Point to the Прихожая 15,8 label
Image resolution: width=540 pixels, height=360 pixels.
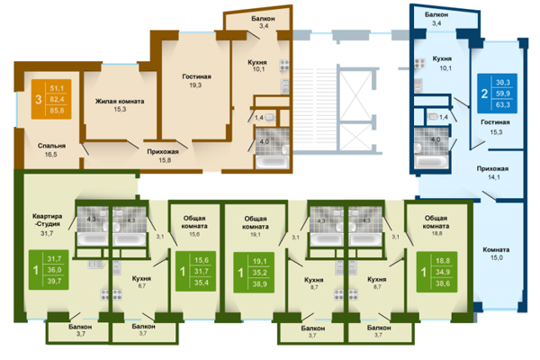163,157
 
